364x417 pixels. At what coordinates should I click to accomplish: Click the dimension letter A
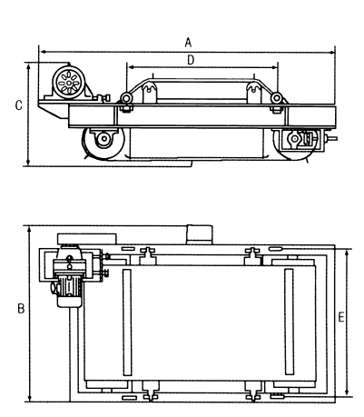[188, 43]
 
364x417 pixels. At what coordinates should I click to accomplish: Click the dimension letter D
[191, 60]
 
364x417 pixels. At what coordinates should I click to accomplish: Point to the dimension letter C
[19, 105]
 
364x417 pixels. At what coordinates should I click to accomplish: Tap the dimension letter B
[21, 308]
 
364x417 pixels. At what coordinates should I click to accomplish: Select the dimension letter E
[341, 317]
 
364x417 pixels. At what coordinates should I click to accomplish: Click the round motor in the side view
[69, 83]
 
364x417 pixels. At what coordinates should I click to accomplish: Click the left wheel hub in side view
[104, 139]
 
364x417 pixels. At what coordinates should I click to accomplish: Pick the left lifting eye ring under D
[125, 98]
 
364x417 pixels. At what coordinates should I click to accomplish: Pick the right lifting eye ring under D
[276, 98]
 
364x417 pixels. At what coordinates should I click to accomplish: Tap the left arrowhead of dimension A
[43, 52]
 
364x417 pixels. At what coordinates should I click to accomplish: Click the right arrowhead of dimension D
[275, 67]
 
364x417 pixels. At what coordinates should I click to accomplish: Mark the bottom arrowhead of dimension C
[29, 163]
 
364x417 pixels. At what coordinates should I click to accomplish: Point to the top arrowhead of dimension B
[29, 229]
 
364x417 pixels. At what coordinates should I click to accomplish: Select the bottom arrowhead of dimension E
[348, 392]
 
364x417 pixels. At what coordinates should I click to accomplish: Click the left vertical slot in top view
[127, 323]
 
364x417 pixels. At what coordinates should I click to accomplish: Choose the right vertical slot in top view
[290, 322]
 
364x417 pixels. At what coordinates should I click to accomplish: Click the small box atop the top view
[200, 234]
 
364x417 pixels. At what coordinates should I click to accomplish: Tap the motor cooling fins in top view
[69, 286]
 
